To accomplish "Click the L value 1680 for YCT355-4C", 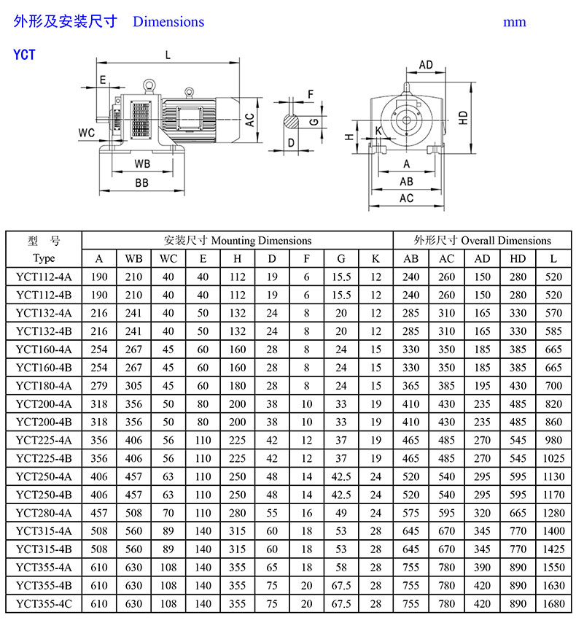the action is [553, 603].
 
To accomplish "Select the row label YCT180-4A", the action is [44, 386].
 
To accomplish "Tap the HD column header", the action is [518, 259].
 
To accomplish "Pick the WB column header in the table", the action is [133, 259].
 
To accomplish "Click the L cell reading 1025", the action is [553, 458].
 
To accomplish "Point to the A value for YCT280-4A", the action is [99, 513].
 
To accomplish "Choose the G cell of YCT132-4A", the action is [341, 313].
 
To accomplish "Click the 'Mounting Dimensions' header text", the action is [261, 240].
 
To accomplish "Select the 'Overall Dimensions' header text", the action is [506, 240].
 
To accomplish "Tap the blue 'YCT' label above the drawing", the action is [24, 55].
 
